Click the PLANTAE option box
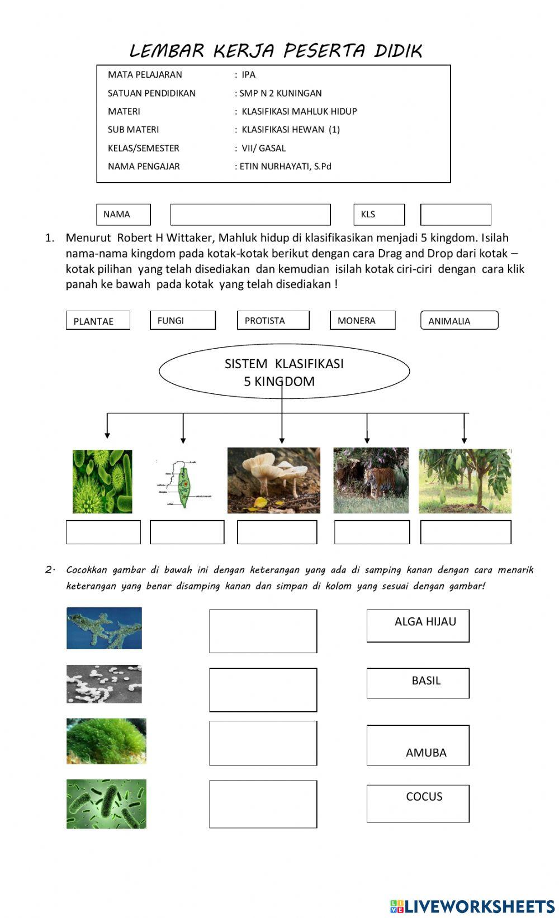(x=98, y=321)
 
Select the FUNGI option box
(x=182, y=320)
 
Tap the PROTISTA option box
(x=273, y=320)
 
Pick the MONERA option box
(x=362, y=320)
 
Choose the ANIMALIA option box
(x=459, y=320)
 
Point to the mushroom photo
(x=273, y=480)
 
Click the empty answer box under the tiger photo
(x=372, y=532)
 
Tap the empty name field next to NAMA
(x=250, y=215)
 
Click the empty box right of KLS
(x=455, y=215)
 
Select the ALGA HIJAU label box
(x=418, y=625)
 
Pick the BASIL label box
(x=418, y=683)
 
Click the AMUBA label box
(x=418, y=745)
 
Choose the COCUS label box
(x=418, y=803)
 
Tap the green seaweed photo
(x=106, y=741)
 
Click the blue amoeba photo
(x=104, y=628)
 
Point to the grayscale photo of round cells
(x=104, y=684)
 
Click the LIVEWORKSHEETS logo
(x=472, y=906)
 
